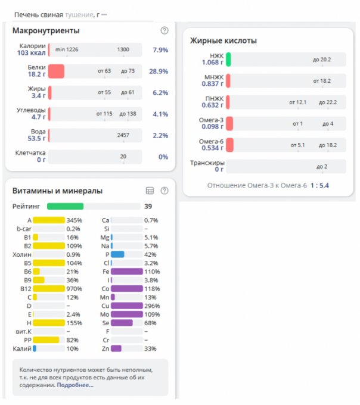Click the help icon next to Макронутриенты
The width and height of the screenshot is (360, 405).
pyautogui.click(x=165, y=30)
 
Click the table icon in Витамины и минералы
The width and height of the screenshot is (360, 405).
pyautogui.click(x=150, y=191)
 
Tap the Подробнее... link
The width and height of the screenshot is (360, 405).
pyautogui.click(x=75, y=385)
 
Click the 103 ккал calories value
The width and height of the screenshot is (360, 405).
pyautogui.click(x=32, y=53)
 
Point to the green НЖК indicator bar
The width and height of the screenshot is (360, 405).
pyautogui.click(x=228, y=60)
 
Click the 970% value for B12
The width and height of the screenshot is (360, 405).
pyautogui.click(x=74, y=288)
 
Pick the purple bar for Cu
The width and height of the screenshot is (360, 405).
pyautogui.click(x=126, y=306)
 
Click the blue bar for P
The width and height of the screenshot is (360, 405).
pyautogui.click(x=117, y=254)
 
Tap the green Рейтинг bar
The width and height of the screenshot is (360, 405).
pyautogui.click(x=65, y=206)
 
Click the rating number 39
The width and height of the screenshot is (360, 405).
pyautogui.click(x=148, y=206)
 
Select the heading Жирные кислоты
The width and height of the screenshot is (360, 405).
pyautogui.click(x=224, y=41)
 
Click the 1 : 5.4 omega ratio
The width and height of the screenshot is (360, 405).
pyautogui.click(x=319, y=186)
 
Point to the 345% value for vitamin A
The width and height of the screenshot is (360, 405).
pyautogui.click(x=74, y=220)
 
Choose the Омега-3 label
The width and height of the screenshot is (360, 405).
pyautogui.click(x=212, y=120)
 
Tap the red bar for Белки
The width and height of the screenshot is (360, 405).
pyautogui.click(x=56, y=71)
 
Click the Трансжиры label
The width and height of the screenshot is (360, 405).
pyautogui.click(x=207, y=163)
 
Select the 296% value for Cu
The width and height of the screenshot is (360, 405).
pyautogui.click(x=151, y=306)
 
